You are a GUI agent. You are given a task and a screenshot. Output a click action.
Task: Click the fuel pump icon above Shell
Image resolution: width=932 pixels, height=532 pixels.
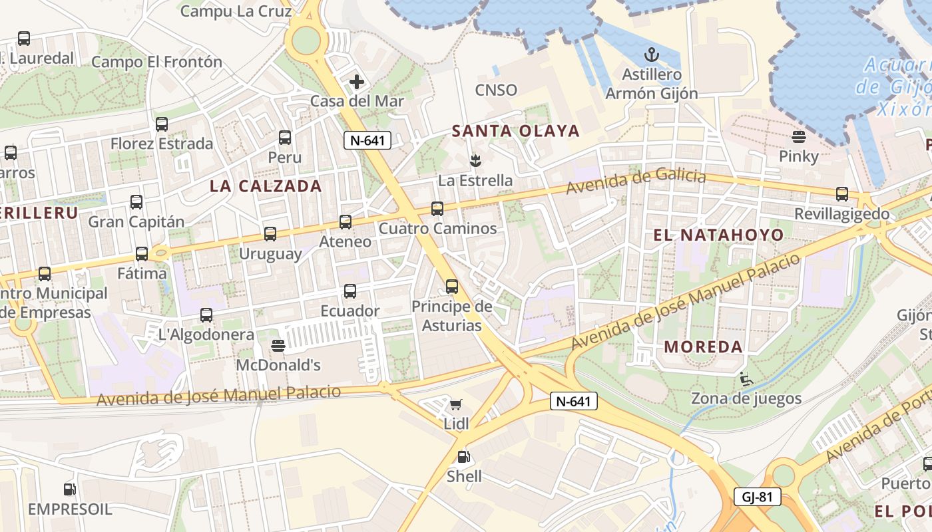463,457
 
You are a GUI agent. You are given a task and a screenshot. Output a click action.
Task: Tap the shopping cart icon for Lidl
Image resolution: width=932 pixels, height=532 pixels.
456,404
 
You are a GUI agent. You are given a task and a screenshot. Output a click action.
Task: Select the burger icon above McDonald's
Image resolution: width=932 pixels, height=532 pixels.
278,346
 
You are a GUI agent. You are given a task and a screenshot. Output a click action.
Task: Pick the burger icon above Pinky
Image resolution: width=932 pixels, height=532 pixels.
799,138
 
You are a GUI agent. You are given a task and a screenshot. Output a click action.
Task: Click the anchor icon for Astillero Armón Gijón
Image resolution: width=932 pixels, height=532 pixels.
652,55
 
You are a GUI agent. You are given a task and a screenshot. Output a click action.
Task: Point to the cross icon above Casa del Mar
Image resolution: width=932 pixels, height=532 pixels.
357,82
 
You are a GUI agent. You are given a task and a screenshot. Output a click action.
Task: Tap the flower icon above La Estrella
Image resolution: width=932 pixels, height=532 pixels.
475,160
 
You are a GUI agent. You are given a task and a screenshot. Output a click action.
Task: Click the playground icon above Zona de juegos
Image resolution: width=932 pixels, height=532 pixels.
746,380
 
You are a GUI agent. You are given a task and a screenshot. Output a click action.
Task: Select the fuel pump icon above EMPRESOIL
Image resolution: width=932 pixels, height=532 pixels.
69,489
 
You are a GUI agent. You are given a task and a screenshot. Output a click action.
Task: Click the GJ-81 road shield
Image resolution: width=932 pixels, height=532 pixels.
758,497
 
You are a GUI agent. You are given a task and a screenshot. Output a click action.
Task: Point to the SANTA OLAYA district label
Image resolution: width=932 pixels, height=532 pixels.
516,131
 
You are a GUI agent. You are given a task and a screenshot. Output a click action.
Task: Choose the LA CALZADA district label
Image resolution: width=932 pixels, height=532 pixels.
266,186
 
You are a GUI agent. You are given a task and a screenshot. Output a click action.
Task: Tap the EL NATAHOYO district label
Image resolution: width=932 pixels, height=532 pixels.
718,235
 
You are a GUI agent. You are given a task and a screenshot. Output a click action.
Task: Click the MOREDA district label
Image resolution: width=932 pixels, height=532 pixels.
703,346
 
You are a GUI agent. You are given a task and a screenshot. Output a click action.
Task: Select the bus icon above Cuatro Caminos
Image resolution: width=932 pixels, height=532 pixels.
437,209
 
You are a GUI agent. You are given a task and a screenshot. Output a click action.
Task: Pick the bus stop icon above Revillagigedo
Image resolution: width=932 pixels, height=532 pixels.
842,194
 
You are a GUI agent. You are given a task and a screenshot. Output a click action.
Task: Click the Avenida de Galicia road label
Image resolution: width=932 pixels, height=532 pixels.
635,181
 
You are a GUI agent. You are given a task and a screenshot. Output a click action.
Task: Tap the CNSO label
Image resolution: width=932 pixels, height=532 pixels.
496,90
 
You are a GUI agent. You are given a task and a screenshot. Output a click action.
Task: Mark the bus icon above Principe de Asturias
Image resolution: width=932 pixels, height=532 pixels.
452,287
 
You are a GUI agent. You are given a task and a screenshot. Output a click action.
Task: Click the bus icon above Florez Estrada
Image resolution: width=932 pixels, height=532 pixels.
162,124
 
